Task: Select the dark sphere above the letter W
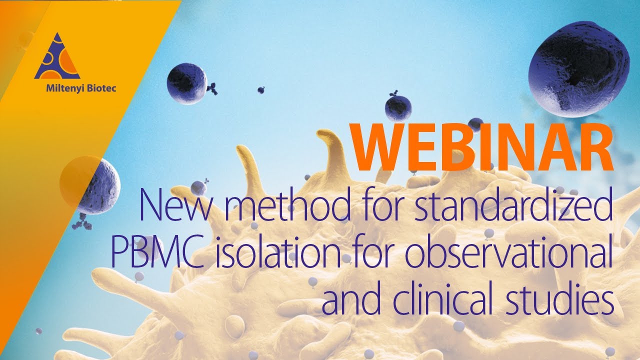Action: coord(398,107)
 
